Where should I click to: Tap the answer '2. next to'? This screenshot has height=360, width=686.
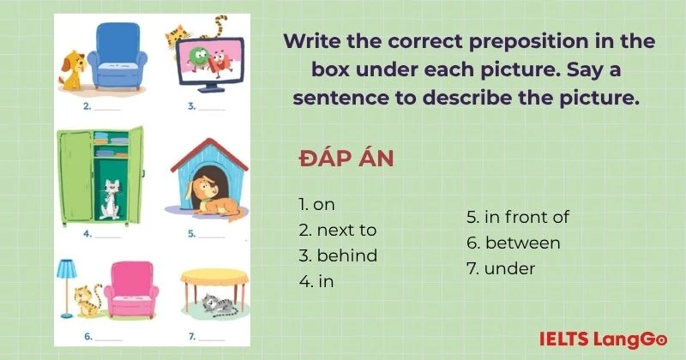(x=338, y=230)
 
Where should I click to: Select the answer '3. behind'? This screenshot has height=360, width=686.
(x=338, y=255)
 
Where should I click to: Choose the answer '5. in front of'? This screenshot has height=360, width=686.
(x=517, y=217)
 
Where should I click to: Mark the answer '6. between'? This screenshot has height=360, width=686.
(x=513, y=243)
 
